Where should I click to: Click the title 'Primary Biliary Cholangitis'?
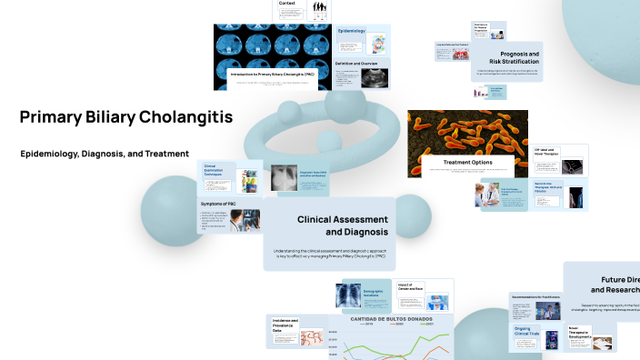[125, 117]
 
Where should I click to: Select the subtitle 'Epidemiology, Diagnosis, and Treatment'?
[105, 154]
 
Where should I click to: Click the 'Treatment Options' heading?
[467, 162]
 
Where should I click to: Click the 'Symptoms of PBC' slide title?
[218, 204]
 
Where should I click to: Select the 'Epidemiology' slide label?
[352, 32]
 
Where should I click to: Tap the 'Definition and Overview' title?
[355, 64]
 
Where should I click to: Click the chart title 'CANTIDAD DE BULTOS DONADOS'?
[379, 319]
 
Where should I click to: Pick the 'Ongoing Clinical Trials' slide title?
[527, 333]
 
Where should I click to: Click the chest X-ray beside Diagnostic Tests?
[284, 178]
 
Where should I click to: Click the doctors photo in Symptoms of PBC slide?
[246, 219]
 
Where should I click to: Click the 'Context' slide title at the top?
[286, 4]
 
